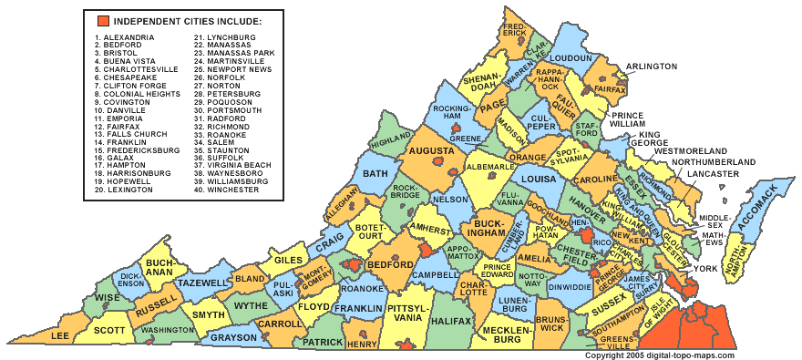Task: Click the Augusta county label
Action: (431, 150)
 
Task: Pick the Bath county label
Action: (375, 173)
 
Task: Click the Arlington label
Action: (651, 67)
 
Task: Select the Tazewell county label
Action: (200, 283)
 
